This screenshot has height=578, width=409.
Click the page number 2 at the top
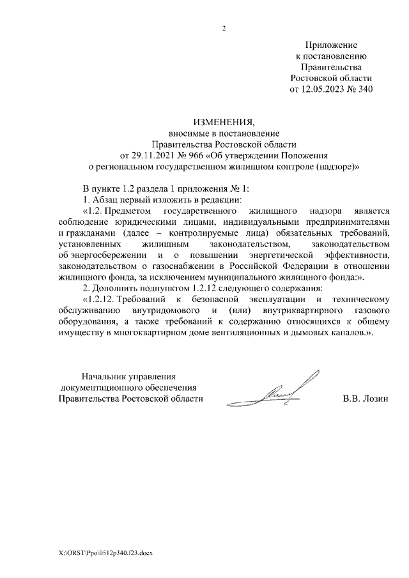(x=224, y=28)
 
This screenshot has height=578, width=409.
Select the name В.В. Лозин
(x=366, y=399)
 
